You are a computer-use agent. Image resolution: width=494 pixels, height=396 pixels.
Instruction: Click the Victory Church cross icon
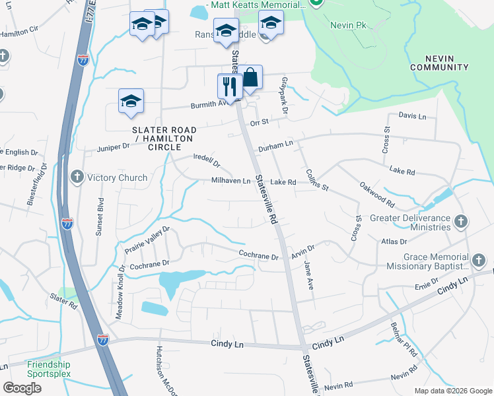click(x=77, y=178)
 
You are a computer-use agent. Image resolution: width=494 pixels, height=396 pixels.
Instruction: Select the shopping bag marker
click(x=250, y=78)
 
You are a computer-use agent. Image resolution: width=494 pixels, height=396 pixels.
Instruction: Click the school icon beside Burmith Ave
click(x=131, y=101)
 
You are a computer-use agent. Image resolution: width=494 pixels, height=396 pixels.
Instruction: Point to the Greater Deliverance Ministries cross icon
click(x=461, y=222)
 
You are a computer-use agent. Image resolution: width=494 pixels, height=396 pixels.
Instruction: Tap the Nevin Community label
click(x=439, y=63)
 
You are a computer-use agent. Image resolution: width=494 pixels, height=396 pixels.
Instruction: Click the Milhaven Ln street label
click(x=231, y=181)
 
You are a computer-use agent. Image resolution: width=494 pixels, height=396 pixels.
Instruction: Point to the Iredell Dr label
click(x=206, y=160)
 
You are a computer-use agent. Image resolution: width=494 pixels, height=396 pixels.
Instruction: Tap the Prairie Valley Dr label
click(x=147, y=241)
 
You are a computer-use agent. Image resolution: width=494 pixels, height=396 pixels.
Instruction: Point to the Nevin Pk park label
click(x=344, y=24)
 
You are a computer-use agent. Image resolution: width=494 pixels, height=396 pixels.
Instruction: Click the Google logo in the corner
click(x=22, y=388)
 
